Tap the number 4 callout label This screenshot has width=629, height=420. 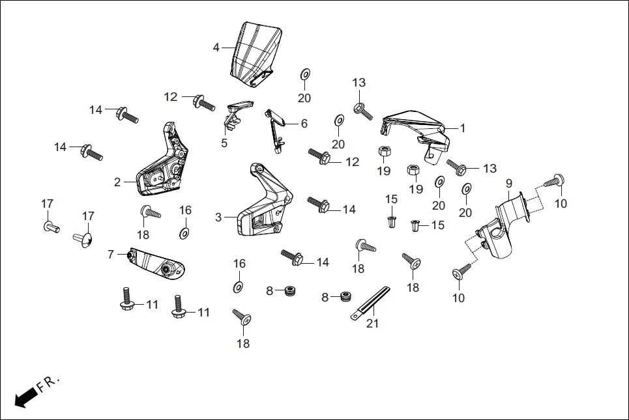[216, 48]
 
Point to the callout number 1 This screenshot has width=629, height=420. [463, 128]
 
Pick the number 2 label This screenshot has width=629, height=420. [117, 182]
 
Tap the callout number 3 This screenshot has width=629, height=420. [219, 217]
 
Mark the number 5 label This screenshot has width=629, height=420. [224, 143]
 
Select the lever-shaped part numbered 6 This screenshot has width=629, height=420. [276, 127]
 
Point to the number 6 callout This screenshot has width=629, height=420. [304, 124]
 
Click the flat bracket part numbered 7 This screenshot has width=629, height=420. [156, 264]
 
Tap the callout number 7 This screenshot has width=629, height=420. [111, 254]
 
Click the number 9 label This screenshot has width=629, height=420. [509, 184]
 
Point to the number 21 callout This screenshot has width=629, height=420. [372, 323]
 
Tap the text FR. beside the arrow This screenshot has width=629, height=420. [48, 384]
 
